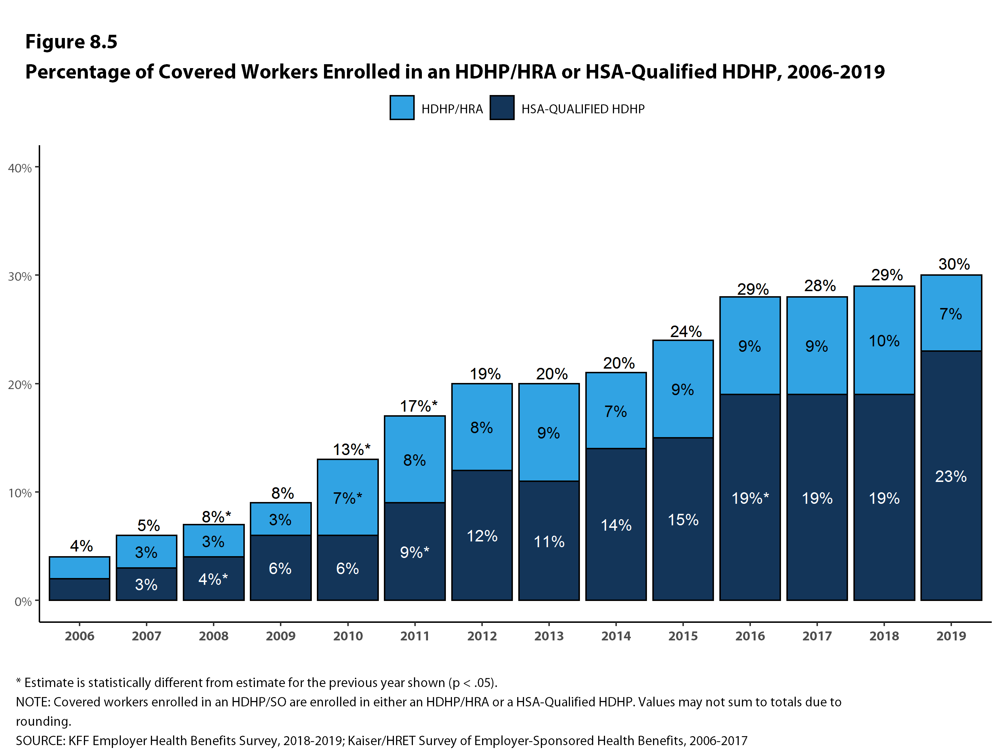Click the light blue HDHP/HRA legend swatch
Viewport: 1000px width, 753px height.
(x=401, y=108)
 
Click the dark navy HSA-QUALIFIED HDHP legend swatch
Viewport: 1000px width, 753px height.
(x=502, y=108)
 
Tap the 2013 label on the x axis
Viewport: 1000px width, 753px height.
(x=549, y=636)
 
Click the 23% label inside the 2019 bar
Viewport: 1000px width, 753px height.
(x=951, y=476)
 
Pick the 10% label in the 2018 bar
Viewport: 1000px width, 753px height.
(x=884, y=341)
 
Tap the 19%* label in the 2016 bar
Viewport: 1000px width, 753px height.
(x=750, y=498)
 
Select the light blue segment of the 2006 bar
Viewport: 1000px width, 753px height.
(x=80, y=568)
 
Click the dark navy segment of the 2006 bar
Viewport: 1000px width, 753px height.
(x=80, y=589)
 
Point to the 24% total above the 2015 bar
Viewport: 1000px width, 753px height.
(x=686, y=332)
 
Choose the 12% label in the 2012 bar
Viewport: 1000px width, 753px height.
(x=482, y=536)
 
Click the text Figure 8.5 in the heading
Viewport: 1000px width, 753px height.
(x=71, y=42)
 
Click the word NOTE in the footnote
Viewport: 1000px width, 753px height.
(x=33, y=702)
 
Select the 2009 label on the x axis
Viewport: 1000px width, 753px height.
(x=281, y=636)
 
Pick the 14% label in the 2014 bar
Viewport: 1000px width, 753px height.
(x=616, y=525)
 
